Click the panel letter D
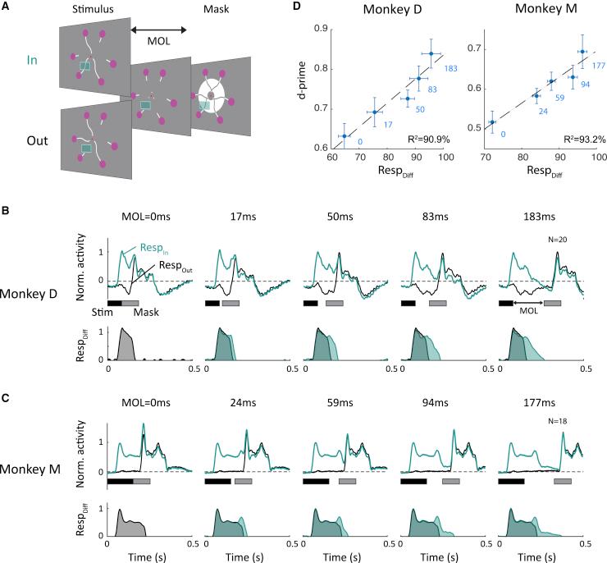(312, 8)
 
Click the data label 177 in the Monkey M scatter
(597, 66)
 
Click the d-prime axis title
(303, 89)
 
